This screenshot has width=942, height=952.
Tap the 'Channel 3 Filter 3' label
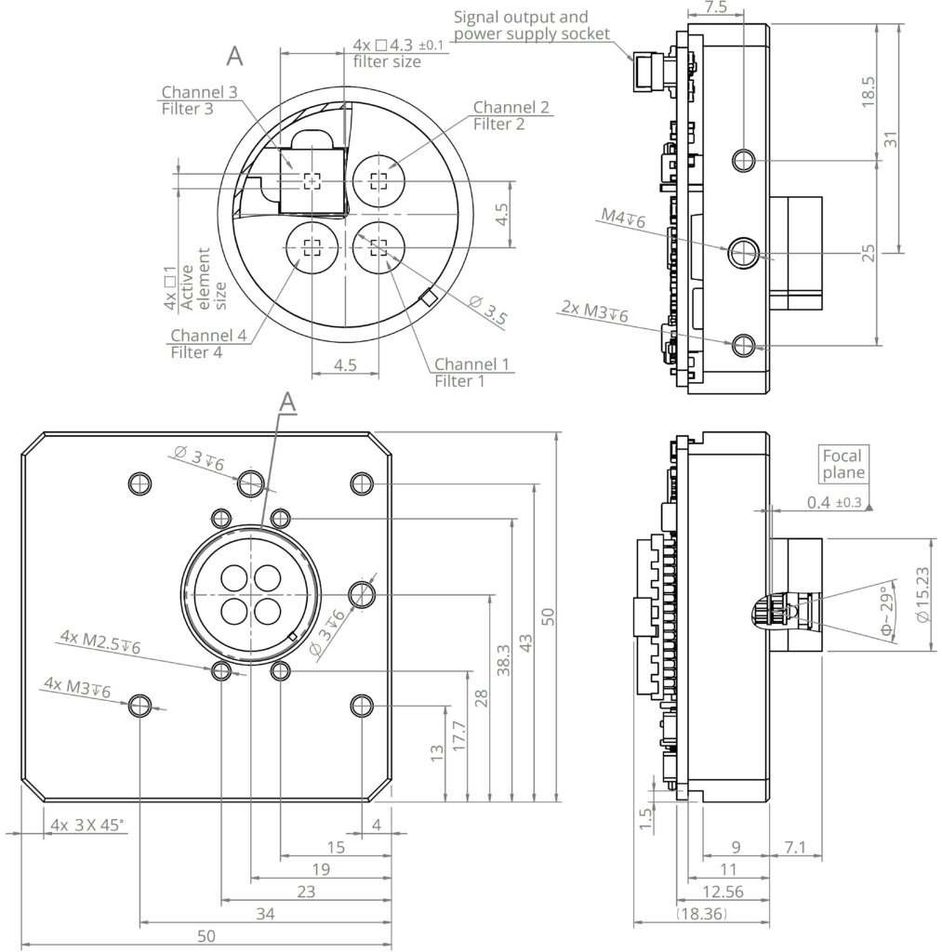199,100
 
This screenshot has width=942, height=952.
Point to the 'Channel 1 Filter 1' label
471,372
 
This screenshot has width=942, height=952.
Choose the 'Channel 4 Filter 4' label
208,343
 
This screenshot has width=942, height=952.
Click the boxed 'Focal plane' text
843,464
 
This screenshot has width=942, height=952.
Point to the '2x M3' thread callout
595,311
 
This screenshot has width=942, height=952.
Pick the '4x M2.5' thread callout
100,641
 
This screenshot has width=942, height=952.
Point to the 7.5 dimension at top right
716,7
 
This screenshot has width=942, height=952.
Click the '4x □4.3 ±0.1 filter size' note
400,53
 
